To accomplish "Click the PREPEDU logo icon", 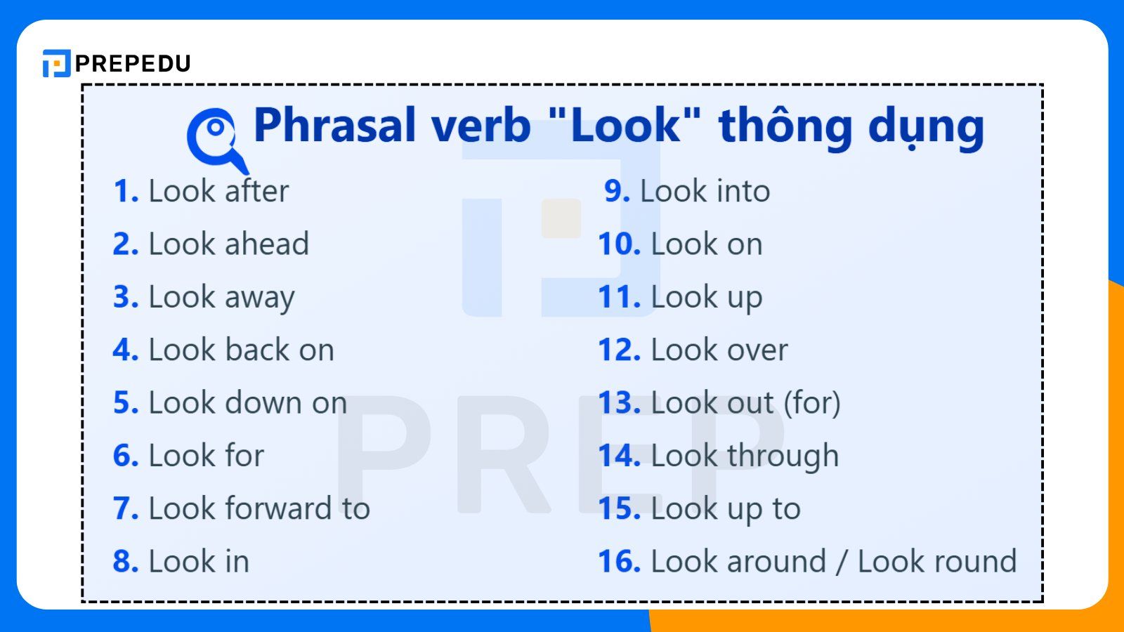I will click(56, 63).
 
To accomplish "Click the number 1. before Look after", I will click(126, 192).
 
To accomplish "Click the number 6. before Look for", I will click(126, 456).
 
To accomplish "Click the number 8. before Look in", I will click(126, 562).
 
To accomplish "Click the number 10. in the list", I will click(619, 244).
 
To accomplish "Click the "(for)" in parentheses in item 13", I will click(811, 403).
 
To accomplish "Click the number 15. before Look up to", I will click(619, 508).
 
